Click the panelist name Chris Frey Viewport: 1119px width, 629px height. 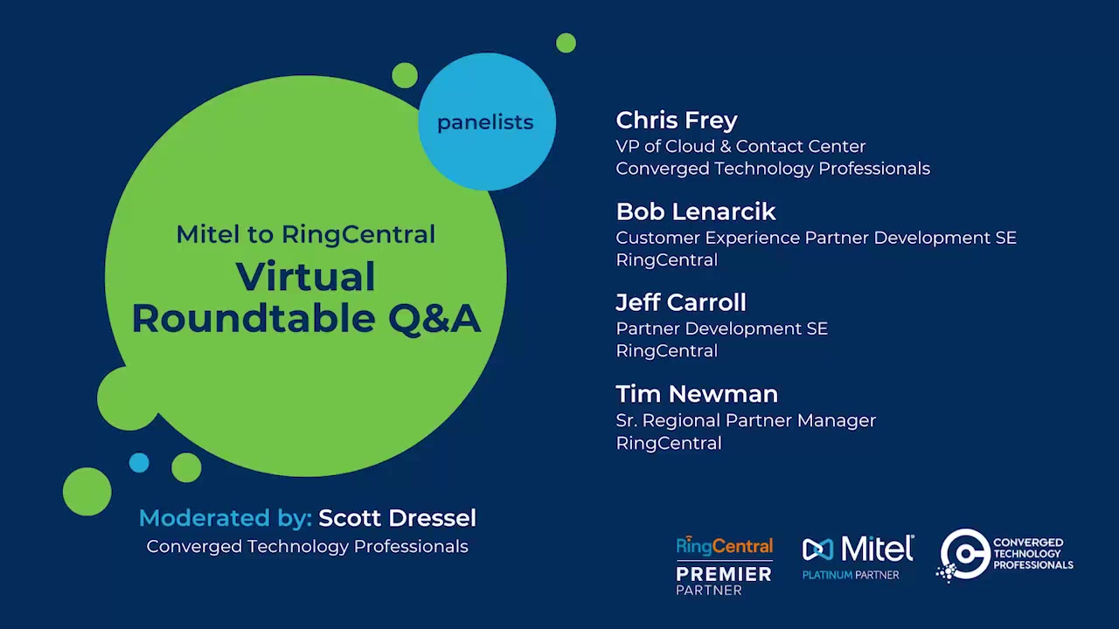point(677,121)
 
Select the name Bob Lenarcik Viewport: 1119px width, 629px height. point(696,211)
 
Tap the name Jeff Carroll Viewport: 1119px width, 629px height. point(681,302)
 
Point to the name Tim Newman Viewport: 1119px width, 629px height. point(697,394)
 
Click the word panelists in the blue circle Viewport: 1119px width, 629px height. point(485,123)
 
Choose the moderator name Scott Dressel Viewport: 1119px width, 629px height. point(397,518)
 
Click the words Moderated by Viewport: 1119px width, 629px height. point(226,519)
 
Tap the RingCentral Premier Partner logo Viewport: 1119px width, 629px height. point(725,565)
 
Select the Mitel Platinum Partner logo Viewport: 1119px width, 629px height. point(858,557)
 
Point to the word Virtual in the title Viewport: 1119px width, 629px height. point(305,277)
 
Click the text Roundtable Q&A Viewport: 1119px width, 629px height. point(306,319)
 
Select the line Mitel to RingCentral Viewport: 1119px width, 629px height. point(306,234)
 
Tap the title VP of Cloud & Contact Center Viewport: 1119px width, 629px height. point(740,146)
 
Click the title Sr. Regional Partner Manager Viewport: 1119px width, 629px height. point(746,421)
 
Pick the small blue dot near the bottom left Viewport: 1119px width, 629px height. point(139,463)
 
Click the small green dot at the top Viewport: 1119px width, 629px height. point(566,43)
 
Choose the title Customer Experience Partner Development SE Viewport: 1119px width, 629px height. point(816,238)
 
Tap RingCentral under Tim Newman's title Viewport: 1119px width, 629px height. point(669,443)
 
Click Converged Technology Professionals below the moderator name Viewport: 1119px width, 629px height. point(307,547)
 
